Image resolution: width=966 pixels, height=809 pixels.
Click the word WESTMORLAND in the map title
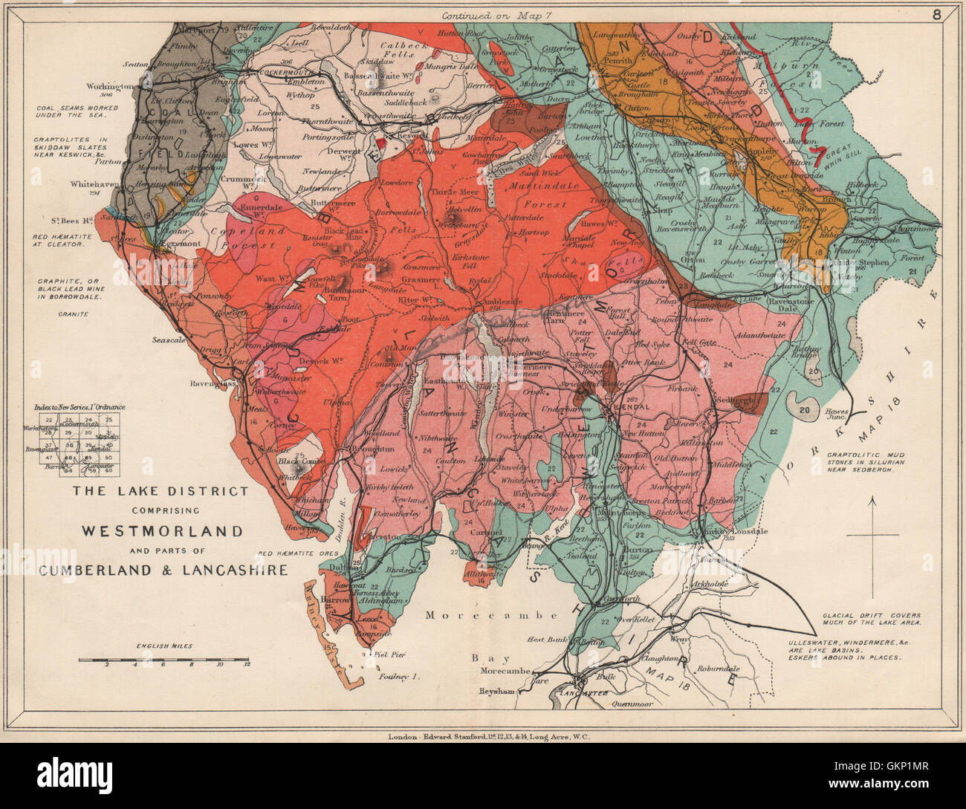tap(163, 531)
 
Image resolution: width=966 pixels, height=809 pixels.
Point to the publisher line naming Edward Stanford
tap(493, 737)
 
